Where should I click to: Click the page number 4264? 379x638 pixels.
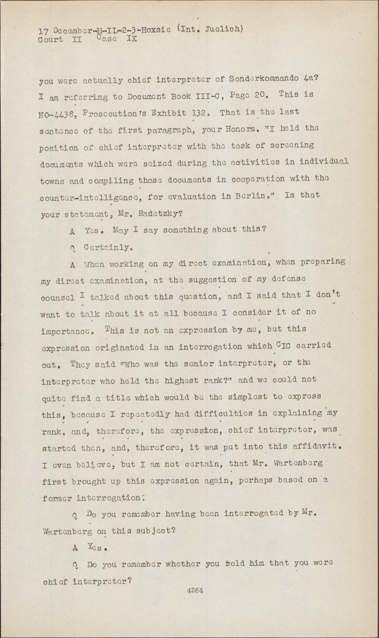pyautogui.click(x=195, y=590)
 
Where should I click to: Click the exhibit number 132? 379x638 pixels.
pyautogui.click(x=202, y=112)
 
